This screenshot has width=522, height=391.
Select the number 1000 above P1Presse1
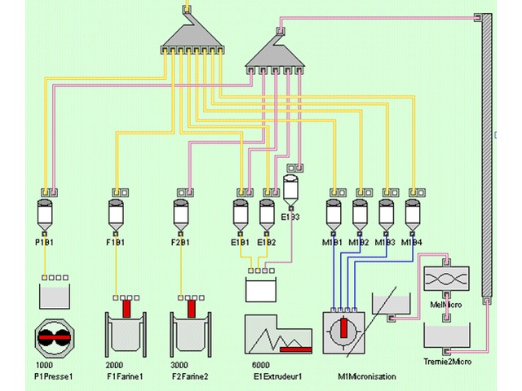(x=43, y=365)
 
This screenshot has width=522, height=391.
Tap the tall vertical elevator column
(x=487, y=155)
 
